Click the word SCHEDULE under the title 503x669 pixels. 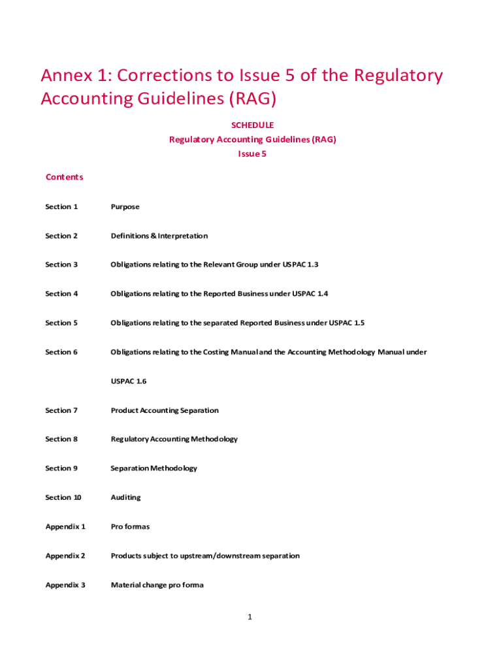click(x=252, y=125)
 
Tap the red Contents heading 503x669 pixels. click(x=64, y=177)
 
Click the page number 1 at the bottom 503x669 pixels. click(x=250, y=617)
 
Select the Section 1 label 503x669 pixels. click(x=61, y=206)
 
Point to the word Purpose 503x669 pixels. click(x=125, y=206)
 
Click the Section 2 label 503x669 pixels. click(x=61, y=236)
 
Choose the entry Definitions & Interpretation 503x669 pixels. click(x=159, y=236)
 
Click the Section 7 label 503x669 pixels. click(x=61, y=410)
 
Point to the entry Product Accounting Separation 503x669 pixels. click(x=165, y=410)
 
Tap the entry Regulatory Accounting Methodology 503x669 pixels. click(x=174, y=439)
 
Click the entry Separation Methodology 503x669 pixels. click(x=154, y=468)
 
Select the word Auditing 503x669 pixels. click(x=125, y=497)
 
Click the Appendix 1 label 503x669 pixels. click(x=65, y=527)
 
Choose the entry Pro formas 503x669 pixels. click(x=130, y=527)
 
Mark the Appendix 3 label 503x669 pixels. click(x=65, y=585)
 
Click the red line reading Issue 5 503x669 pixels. click(x=252, y=154)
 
